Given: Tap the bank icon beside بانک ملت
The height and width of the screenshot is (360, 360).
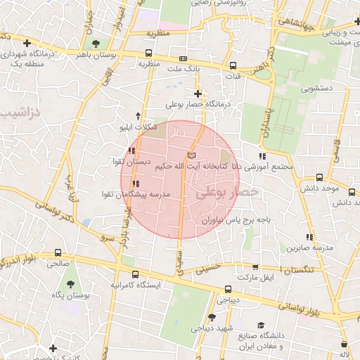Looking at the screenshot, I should pyautogui.click(x=184, y=58).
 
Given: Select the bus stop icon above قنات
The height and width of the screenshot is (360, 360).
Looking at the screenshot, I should pyautogui.click(x=233, y=65).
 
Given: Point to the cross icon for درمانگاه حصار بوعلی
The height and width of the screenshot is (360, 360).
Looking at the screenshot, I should pyautogui.click(x=198, y=93).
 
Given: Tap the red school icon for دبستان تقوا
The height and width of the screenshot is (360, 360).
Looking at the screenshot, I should pyautogui.click(x=132, y=150).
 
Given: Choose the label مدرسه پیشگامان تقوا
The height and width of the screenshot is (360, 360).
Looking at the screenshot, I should pyautogui.click(x=137, y=193).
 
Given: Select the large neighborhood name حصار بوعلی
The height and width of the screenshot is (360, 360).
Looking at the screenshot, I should pyautogui.click(x=227, y=191).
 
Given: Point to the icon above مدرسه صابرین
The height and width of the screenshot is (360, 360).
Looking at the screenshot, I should pyautogui.click(x=309, y=237).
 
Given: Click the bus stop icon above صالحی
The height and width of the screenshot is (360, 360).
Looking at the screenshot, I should pyautogui.click(x=58, y=253).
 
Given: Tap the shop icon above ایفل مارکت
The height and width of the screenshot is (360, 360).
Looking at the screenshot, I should pyautogui.click(x=255, y=267).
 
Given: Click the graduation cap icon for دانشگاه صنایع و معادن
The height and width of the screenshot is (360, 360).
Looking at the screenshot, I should pyautogui.click(x=261, y=325).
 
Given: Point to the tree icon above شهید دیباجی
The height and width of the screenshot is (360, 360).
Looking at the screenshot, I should pyautogui.click(x=212, y=317).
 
